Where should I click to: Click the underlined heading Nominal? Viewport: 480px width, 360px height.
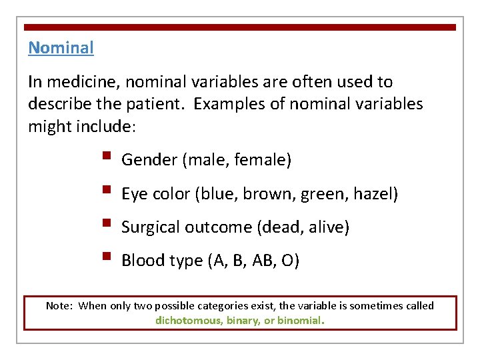point(61,48)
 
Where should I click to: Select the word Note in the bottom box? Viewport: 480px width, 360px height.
point(58,306)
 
